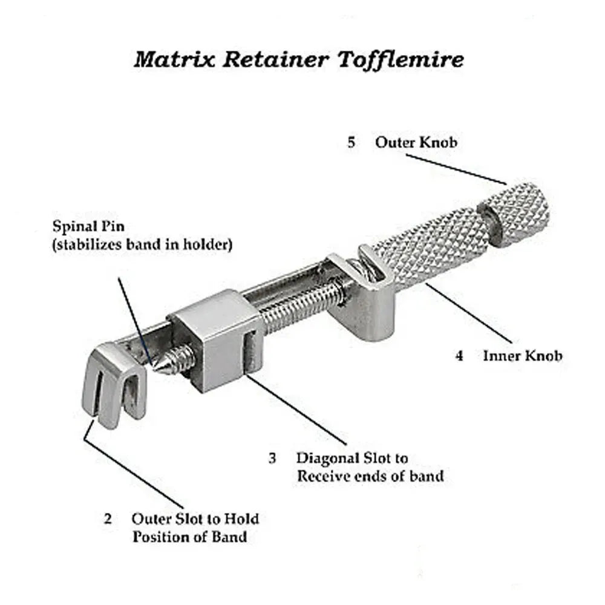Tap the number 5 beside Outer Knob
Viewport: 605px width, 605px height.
tap(352, 143)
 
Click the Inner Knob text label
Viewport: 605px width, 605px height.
tap(522, 356)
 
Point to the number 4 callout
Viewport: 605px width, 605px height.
tap(459, 356)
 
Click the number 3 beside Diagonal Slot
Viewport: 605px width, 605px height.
tap(273, 458)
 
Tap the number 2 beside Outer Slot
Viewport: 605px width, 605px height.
tap(108, 519)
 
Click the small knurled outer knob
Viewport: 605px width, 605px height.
tap(518, 215)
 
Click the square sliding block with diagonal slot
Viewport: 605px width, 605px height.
tap(215, 339)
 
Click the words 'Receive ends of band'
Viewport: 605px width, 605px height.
tap(370, 476)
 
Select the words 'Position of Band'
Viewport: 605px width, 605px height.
tap(189, 537)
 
